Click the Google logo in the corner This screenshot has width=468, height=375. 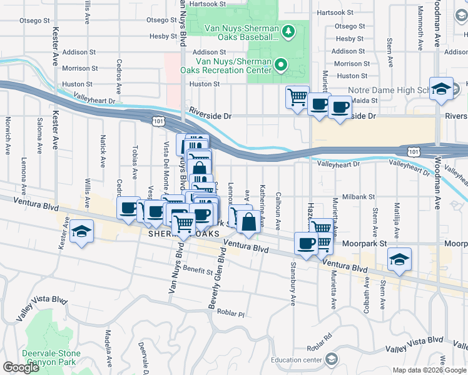pyautogui.click(x=21, y=367)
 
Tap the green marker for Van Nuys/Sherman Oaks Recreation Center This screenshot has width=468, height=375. pyautogui.click(x=281, y=64)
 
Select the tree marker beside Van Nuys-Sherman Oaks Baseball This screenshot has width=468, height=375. pyautogui.click(x=288, y=31)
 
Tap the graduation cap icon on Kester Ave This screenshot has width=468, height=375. pyautogui.click(x=80, y=232)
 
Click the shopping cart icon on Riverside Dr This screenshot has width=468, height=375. pyautogui.click(x=297, y=96)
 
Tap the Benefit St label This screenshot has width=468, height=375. pyautogui.click(x=198, y=270)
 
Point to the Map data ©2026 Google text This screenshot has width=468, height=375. pyautogui.click(x=429, y=370)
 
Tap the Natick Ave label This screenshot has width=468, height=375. pyautogui.click(x=103, y=154)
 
